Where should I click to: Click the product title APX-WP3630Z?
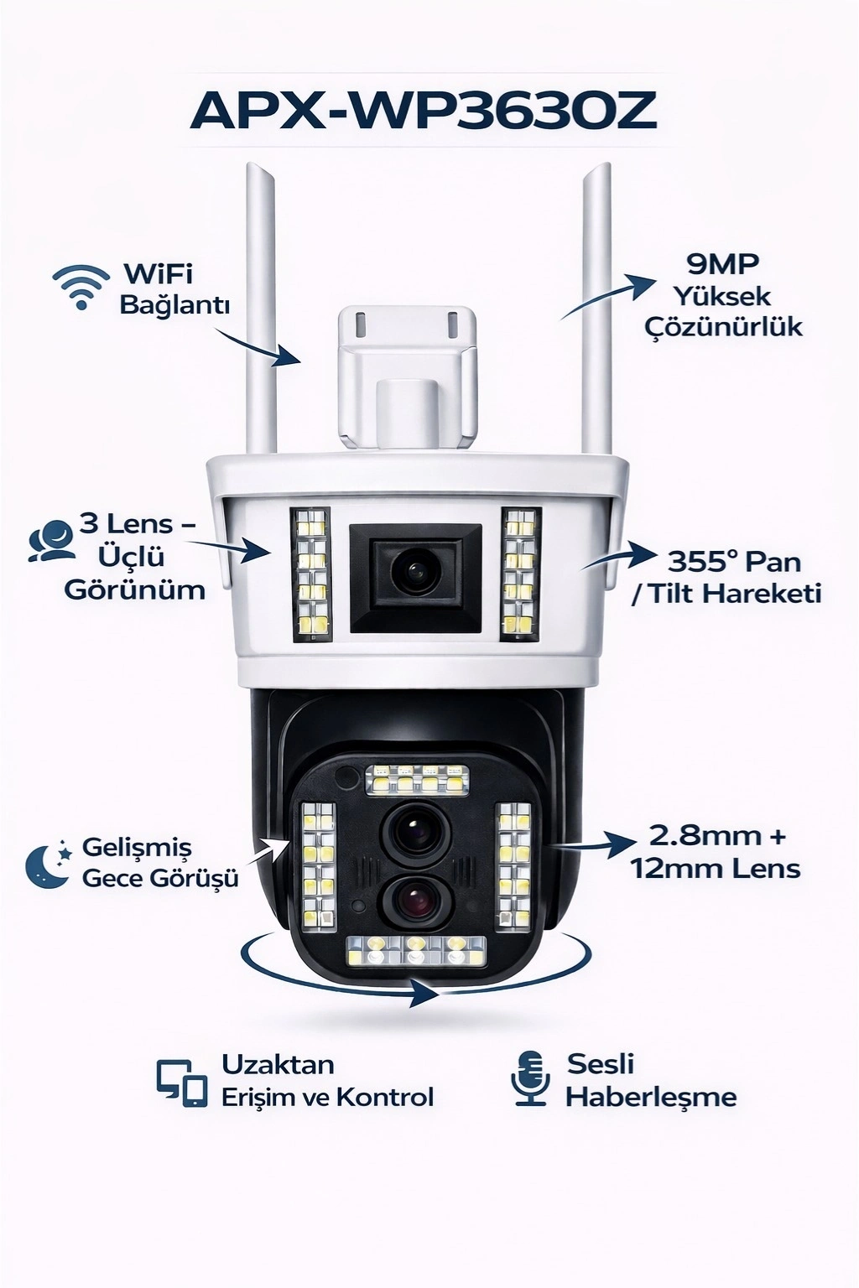pos(424,112)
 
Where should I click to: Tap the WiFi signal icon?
pos(81,288)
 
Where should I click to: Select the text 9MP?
pos(722,264)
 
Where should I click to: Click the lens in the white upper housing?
pos(414,574)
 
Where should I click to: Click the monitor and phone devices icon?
pos(182,1083)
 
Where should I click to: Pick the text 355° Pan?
pos(734,562)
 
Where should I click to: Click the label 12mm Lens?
pos(716,868)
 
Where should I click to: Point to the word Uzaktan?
pos(278,1065)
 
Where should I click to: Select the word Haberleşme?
pos(651,1097)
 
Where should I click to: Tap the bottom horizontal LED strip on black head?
pos(417,951)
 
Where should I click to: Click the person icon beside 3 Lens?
pos(49,541)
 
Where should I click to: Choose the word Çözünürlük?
pos(723,326)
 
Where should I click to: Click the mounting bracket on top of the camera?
pos(408,377)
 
